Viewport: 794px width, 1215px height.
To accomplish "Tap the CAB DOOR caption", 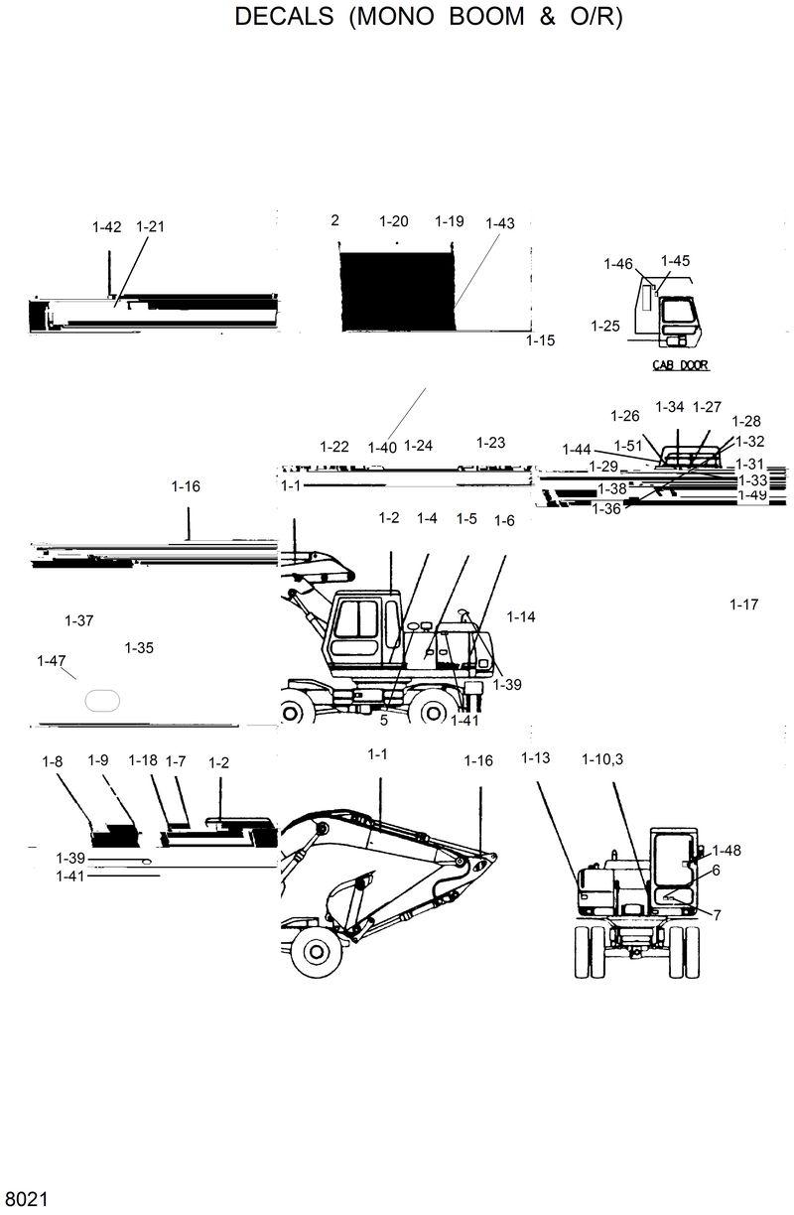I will click(680, 365).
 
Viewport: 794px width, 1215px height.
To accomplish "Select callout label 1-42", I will click(106, 227).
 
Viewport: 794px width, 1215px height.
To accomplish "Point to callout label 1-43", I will click(500, 223).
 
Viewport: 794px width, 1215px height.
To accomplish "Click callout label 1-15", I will click(540, 340).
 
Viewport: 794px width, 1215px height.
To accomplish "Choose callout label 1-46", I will click(617, 263).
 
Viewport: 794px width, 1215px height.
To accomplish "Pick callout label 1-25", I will click(604, 326).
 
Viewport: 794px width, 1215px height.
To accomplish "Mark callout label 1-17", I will click(743, 604).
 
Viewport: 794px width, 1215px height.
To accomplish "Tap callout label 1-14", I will click(521, 616).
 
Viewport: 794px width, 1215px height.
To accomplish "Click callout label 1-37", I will click(78, 620).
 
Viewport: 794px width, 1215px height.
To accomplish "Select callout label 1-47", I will click(51, 660).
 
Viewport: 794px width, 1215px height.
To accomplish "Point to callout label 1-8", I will click(52, 761).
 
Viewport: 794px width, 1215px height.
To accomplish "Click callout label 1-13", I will click(535, 758).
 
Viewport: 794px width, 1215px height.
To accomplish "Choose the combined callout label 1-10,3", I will click(602, 759).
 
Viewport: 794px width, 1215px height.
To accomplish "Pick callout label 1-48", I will click(727, 851).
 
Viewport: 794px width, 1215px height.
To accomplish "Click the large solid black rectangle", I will click(397, 291).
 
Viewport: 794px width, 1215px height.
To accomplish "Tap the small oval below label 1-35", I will click(102, 700).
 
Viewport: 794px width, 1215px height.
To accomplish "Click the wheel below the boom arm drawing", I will click(317, 950).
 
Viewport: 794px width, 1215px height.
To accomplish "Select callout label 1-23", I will click(490, 443).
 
